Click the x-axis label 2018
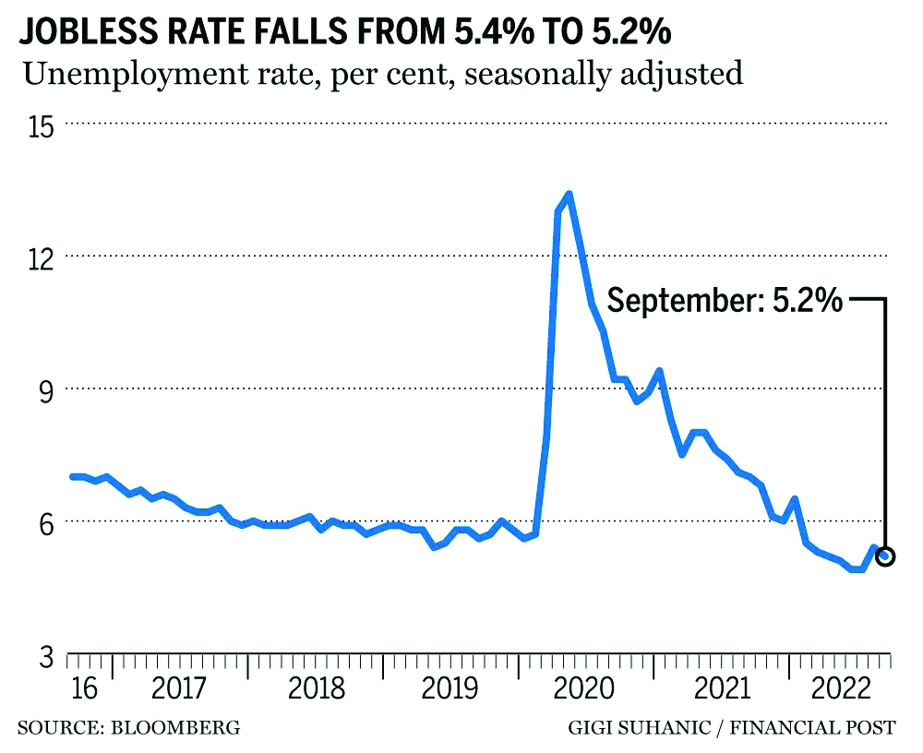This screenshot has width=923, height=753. pyautogui.click(x=316, y=688)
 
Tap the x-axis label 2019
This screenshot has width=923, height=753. pyautogui.click(x=451, y=688)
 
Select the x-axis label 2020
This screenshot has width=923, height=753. pyautogui.click(x=587, y=688)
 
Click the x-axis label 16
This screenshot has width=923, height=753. pyautogui.click(x=83, y=688)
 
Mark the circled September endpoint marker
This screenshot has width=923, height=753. pyautogui.click(x=886, y=556)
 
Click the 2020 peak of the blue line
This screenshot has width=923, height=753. pyautogui.click(x=569, y=194)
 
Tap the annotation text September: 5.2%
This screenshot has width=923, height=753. pyautogui.click(x=725, y=300)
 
